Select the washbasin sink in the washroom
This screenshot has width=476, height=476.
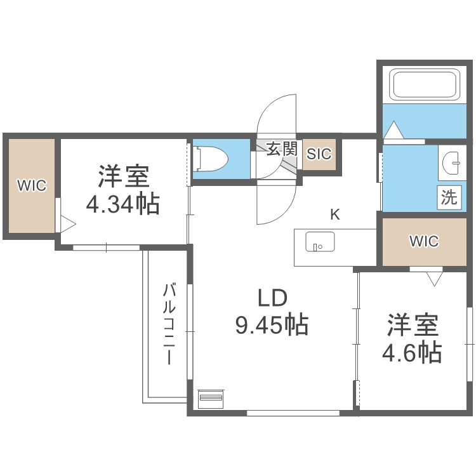[453, 163]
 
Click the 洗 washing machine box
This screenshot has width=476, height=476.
[449, 197]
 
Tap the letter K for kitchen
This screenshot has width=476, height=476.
[334, 215]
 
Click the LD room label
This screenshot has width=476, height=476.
[272, 298]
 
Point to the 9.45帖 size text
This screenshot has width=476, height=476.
[272, 326]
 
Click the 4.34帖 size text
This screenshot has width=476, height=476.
[122, 204]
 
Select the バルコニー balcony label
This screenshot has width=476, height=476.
[169, 324]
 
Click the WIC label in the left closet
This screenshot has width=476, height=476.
[31, 186]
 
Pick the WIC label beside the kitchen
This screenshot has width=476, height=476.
[423, 241]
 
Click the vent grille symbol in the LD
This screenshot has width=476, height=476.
[211, 399]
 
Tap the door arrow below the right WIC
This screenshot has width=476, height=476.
[434, 278]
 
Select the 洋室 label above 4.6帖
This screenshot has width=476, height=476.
[413, 325]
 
